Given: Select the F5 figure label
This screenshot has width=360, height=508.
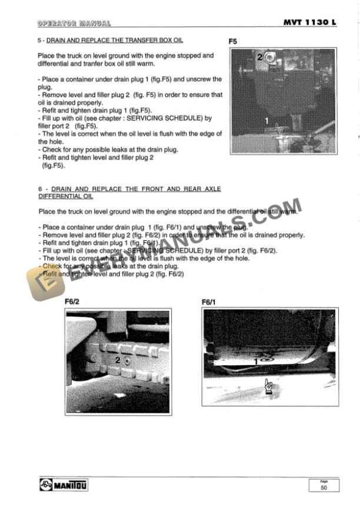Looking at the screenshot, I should pos(233,42).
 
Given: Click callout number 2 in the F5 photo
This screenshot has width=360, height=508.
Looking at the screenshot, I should pos(259,57).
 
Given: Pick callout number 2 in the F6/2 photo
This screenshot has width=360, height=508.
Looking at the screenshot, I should pos(118,360).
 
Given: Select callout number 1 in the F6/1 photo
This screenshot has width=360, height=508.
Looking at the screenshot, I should pos(256,362).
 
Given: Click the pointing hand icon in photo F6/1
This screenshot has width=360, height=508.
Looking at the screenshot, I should pos(269,386).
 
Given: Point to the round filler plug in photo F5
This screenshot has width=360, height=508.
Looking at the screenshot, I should pos(269,57).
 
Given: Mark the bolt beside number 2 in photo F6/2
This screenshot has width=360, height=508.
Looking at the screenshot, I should pos(128,360).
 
